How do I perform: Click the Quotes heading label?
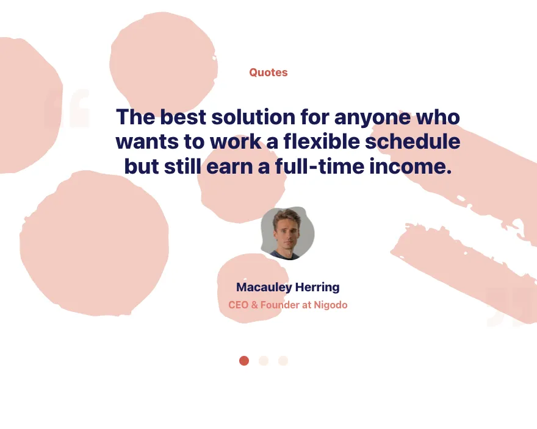point(268,73)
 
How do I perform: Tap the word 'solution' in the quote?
point(253,116)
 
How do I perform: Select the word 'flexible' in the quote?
point(321,141)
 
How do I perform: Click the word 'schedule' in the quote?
point(413,141)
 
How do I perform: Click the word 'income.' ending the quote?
point(411,166)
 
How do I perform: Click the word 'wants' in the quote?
point(147,142)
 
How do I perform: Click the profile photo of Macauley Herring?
point(287,233)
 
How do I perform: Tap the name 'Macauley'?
point(264,288)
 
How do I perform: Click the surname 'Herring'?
point(317,288)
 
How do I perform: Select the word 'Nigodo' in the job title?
point(331,305)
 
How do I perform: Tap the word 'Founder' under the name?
point(280,305)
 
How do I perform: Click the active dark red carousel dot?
point(244,361)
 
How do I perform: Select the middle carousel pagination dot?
point(264,361)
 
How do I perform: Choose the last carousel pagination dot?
point(283,361)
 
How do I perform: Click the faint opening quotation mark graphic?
point(67,108)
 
